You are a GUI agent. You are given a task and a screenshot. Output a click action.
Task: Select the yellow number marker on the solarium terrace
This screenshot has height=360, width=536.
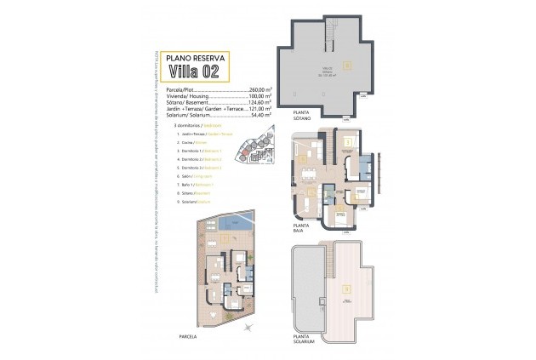346,288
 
